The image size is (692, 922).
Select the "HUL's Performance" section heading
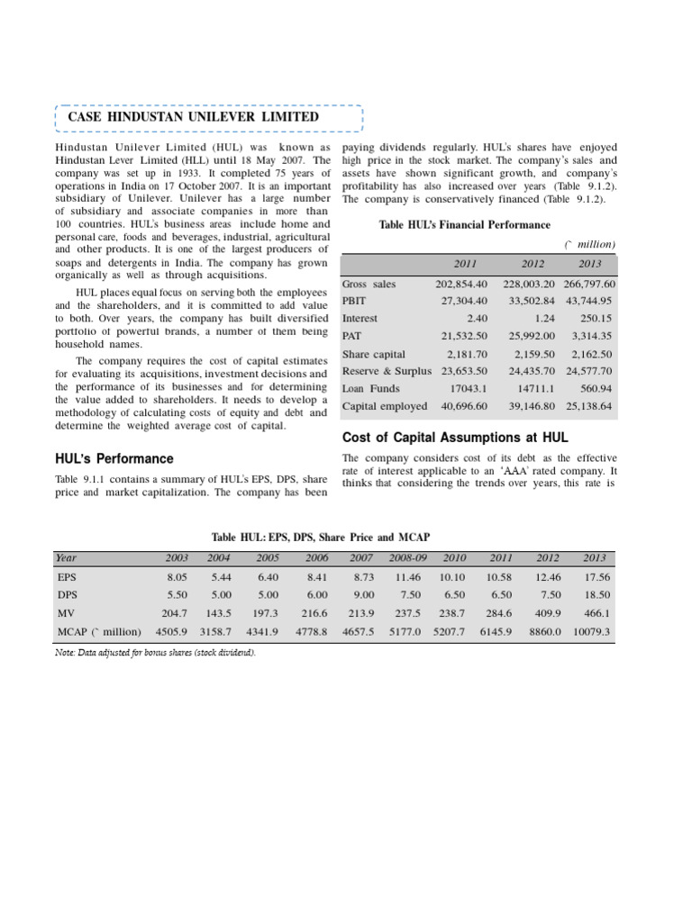click(x=114, y=458)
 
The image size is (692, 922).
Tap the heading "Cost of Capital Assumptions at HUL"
click(x=455, y=438)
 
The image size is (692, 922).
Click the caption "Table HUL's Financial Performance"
click(x=465, y=224)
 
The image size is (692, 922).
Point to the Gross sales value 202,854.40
click(x=461, y=284)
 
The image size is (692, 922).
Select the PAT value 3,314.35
click(x=590, y=336)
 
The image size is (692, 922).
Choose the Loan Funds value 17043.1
click(x=466, y=389)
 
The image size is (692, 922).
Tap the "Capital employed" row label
click(x=385, y=406)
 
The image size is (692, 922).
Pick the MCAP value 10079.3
click(x=591, y=632)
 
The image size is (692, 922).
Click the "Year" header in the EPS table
click(x=67, y=558)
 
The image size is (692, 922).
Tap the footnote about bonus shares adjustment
click(x=156, y=652)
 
